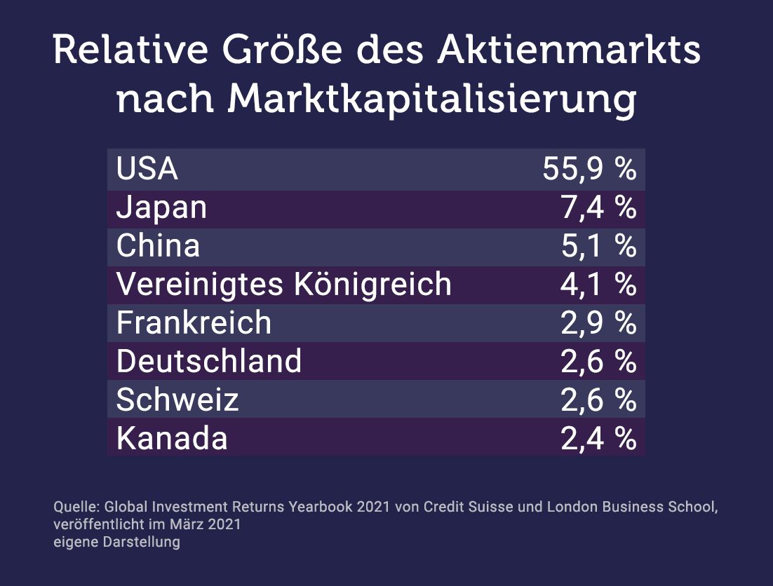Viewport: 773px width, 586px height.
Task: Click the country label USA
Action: [x=147, y=169]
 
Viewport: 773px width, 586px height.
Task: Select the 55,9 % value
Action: [x=590, y=169]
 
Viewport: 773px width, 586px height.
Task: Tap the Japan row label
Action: [x=162, y=208]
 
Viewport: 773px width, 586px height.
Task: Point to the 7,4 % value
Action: [x=599, y=207]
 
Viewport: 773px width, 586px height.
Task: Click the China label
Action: [x=159, y=245]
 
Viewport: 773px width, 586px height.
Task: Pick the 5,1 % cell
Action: [x=599, y=246]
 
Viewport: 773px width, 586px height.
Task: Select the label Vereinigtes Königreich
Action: [x=284, y=285]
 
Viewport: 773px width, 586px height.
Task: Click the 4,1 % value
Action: [x=598, y=284]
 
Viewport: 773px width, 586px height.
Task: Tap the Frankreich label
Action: [x=194, y=322]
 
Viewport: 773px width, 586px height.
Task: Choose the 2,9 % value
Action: [x=599, y=323]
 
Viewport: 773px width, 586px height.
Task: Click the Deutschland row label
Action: [x=209, y=361]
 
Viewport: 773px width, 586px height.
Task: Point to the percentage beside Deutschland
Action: [x=599, y=362]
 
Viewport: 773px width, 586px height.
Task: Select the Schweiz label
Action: [x=177, y=400]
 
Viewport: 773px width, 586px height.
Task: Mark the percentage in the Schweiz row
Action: [x=599, y=400]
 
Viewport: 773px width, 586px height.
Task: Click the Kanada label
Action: [x=172, y=438]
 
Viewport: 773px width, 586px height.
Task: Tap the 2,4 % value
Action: [x=599, y=438]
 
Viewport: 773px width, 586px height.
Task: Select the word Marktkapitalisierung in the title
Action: [x=431, y=100]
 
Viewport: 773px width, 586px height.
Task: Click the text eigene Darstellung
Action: [x=117, y=542]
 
